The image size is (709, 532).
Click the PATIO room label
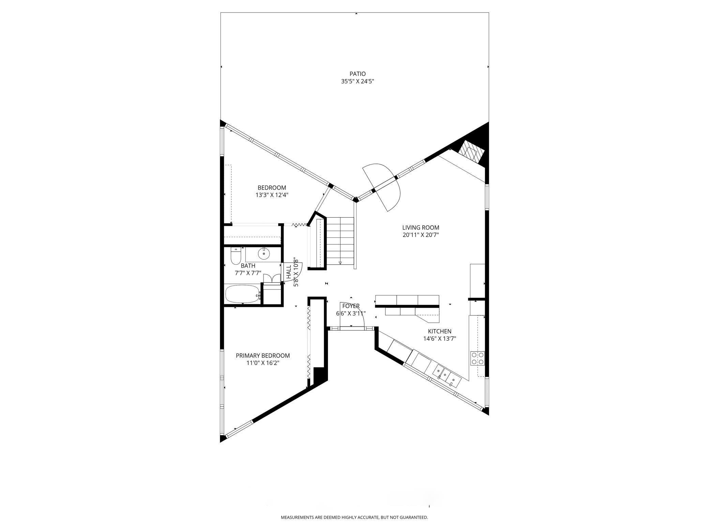pyautogui.click(x=358, y=74)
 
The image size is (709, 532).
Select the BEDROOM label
pyautogui.click(x=272, y=188)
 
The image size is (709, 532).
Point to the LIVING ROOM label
pyautogui.click(x=421, y=227)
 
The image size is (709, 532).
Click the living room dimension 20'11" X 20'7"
pyautogui.click(x=421, y=235)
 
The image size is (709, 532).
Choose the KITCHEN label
pyautogui.click(x=440, y=331)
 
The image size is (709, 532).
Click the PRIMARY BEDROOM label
pyautogui.click(x=263, y=356)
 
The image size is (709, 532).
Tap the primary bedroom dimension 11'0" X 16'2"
pyautogui.click(x=263, y=363)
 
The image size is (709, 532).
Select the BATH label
pyautogui.click(x=248, y=266)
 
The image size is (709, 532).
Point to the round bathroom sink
pyautogui.click(x=263, y=253)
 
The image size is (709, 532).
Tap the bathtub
pyautogui.click(x=242, y=294)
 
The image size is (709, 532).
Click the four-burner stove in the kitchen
pyautogui.click(x=478, y=358)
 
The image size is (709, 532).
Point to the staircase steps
pyautogui.click(x=341, y=242)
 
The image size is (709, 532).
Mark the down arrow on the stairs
pyautogui.click(x=340, y=262)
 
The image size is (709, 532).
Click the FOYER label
pyautogui.click(x=351, y=306)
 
